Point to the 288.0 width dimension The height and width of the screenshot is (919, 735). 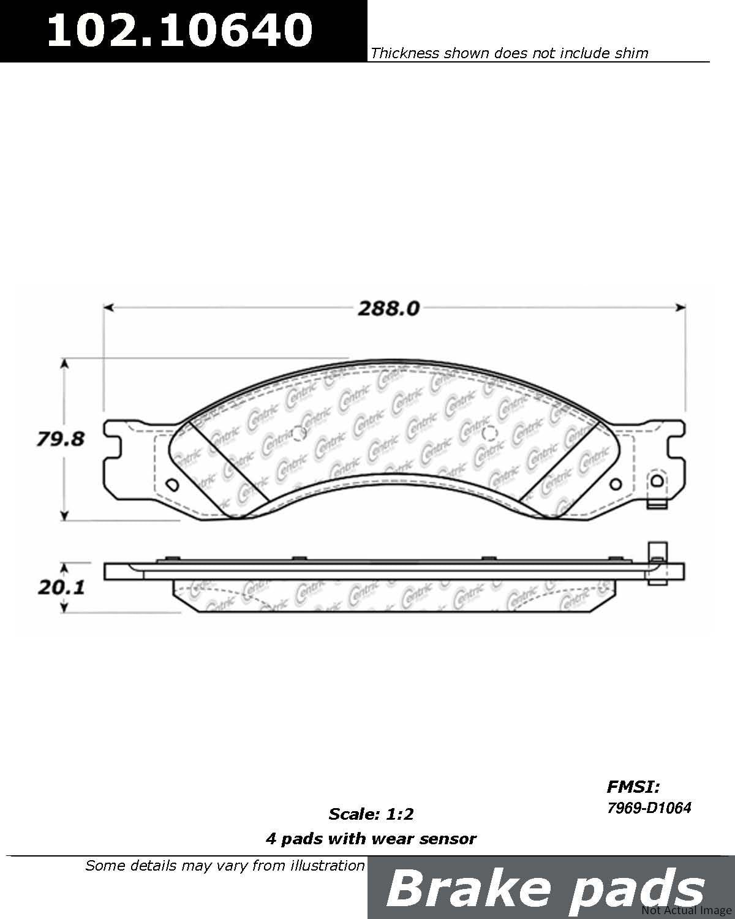[x=389, y=308]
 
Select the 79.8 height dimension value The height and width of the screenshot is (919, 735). [x=60, y=439]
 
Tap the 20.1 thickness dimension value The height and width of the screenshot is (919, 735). [x=61, y=588]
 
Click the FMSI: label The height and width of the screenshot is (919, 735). [x=633, y=787]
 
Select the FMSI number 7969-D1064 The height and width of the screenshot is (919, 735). [x=649, y=808]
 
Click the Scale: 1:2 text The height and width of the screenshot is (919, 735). [x=371, y=814]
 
